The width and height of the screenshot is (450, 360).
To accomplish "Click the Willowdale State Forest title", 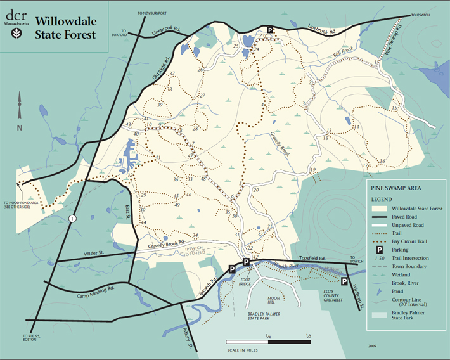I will pyautogui.click(x=66, y=29).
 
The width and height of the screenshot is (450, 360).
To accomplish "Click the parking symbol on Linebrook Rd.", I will pyautogui.click(x=269, y=30).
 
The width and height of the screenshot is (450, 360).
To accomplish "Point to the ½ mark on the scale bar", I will pyautogui.click(x=308, y=335).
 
